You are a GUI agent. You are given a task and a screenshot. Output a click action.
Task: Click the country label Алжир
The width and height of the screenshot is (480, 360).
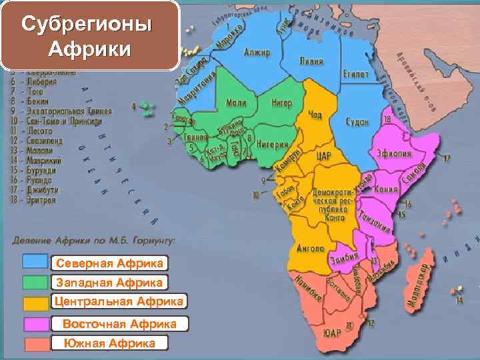point(257,51)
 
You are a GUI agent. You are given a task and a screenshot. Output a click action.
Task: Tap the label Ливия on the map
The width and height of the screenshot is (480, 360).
point(311,61)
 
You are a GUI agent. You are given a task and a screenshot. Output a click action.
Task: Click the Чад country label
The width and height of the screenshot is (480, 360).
point(315,115)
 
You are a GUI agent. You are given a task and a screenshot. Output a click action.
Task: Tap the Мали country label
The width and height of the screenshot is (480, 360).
point(236,103)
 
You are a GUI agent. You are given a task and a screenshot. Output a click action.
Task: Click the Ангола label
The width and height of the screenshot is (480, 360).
point(311,248)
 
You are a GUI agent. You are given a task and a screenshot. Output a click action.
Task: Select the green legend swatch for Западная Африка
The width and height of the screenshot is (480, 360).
point(35,283)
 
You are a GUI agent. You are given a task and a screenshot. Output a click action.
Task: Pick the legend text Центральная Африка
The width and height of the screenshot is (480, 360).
point(119,302)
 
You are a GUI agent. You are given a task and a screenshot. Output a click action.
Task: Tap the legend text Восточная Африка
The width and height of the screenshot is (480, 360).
point(119,323)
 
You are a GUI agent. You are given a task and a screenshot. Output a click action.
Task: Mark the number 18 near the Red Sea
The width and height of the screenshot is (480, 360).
point(387,119)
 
